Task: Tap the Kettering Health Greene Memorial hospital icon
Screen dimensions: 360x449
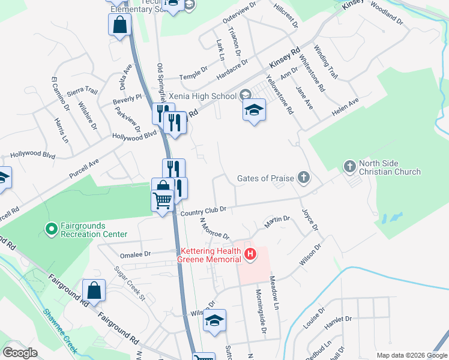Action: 250,255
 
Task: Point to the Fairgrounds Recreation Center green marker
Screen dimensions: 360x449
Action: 52,229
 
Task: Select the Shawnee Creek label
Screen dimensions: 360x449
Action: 59,331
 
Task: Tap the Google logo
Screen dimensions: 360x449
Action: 20,353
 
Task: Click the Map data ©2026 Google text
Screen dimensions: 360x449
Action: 411,355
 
